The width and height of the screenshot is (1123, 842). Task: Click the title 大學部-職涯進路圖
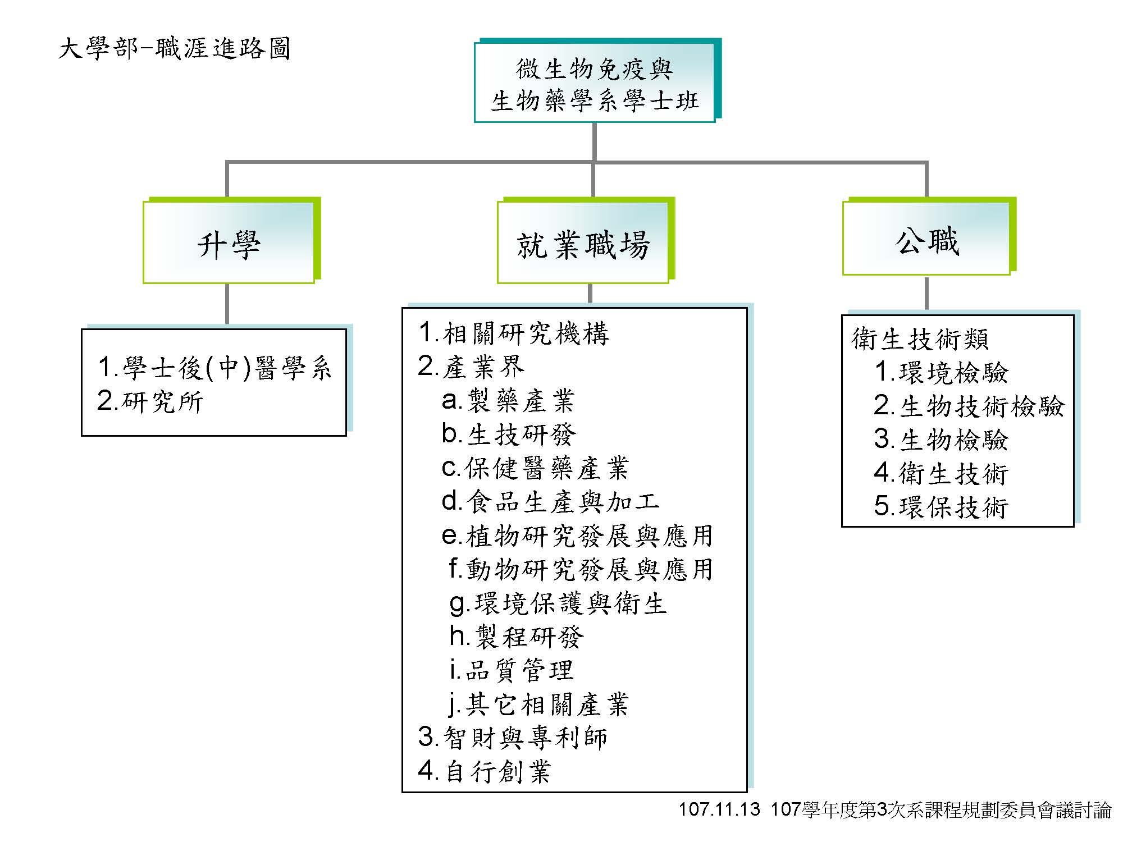[174, 49]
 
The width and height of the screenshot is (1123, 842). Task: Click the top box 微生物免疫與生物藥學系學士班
[595, 82]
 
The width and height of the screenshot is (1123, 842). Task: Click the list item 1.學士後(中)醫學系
[214, 368]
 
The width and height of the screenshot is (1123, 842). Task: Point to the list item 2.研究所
[150, 401]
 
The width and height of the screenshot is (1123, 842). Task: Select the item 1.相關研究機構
[514, 333]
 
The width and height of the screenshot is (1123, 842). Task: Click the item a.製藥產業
[508, 401]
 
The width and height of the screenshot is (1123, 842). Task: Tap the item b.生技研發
[509, 434]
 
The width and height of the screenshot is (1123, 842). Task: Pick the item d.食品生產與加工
[550, 502]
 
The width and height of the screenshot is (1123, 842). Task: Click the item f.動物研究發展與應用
[581, 569]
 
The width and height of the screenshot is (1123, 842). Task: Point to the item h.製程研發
[517, 637]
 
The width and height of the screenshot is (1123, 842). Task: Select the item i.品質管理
[512, 670]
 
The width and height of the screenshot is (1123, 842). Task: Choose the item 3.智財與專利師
[513, 738]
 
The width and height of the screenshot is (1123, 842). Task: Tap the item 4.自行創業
[485, 771]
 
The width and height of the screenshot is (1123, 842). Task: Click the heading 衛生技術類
[920, 339]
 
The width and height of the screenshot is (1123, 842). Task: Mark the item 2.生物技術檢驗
[969, 406]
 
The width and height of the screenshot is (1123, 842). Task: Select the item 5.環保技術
[942, 507]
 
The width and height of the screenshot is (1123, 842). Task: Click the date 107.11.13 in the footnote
[719, 809]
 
